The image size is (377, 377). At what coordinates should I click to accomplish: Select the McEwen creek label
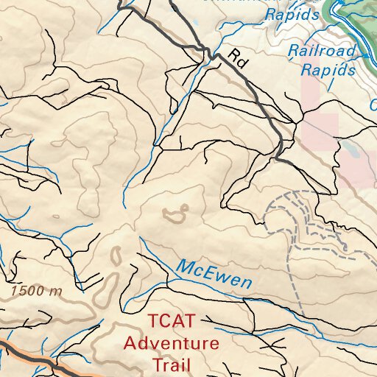click(x=214, y=274)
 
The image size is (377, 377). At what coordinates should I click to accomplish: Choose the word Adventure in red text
click(x=171, y=343)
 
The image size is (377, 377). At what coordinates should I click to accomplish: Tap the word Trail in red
click(x=171, y=364)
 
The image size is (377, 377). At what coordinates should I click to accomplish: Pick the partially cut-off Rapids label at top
click(x=292, y=14)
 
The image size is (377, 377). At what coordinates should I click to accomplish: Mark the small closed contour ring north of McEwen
click(x=174, y=215)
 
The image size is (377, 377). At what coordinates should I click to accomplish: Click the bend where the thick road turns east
click(x=278, y=157)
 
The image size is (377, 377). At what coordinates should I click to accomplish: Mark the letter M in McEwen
click(x=184, y=267)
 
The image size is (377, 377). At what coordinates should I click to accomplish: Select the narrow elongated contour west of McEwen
click(x=116, y=256)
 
